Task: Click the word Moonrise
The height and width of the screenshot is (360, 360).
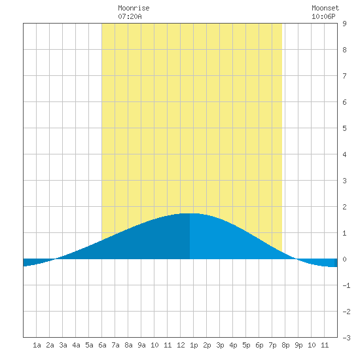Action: pos(134,8)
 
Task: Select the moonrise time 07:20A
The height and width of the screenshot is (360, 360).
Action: pos(130,16)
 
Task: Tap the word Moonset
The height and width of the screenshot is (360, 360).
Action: pos(325,8)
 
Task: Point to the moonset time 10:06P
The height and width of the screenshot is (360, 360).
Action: pos(323,16)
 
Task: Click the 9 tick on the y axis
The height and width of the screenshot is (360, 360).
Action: pos(344,24)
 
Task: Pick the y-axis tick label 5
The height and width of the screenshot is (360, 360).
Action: pos(344,128)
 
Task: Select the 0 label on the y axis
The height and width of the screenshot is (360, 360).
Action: pos(344,259)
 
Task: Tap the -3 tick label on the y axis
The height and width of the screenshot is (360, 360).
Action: pos(346,338)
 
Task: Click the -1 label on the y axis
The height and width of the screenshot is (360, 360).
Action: pos(346,285)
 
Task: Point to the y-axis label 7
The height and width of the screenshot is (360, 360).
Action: pos(344,76)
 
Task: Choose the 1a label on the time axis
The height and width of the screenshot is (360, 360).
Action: pos(37,345)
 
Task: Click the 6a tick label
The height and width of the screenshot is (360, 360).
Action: pos(102,345)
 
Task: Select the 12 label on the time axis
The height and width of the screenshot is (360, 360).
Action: pos(181,345)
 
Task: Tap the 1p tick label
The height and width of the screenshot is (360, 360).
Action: pos(194,345)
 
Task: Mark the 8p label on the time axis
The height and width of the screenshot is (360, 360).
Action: pos(285,345)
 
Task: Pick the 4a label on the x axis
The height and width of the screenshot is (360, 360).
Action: pos(76,345)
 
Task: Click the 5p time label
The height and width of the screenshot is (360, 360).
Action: pos(246,345)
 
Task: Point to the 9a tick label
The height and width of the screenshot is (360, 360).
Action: pos(141,345)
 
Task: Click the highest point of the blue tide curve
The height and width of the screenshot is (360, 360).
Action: pos(190,213)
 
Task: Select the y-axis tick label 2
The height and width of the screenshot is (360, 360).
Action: pos(344,207)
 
